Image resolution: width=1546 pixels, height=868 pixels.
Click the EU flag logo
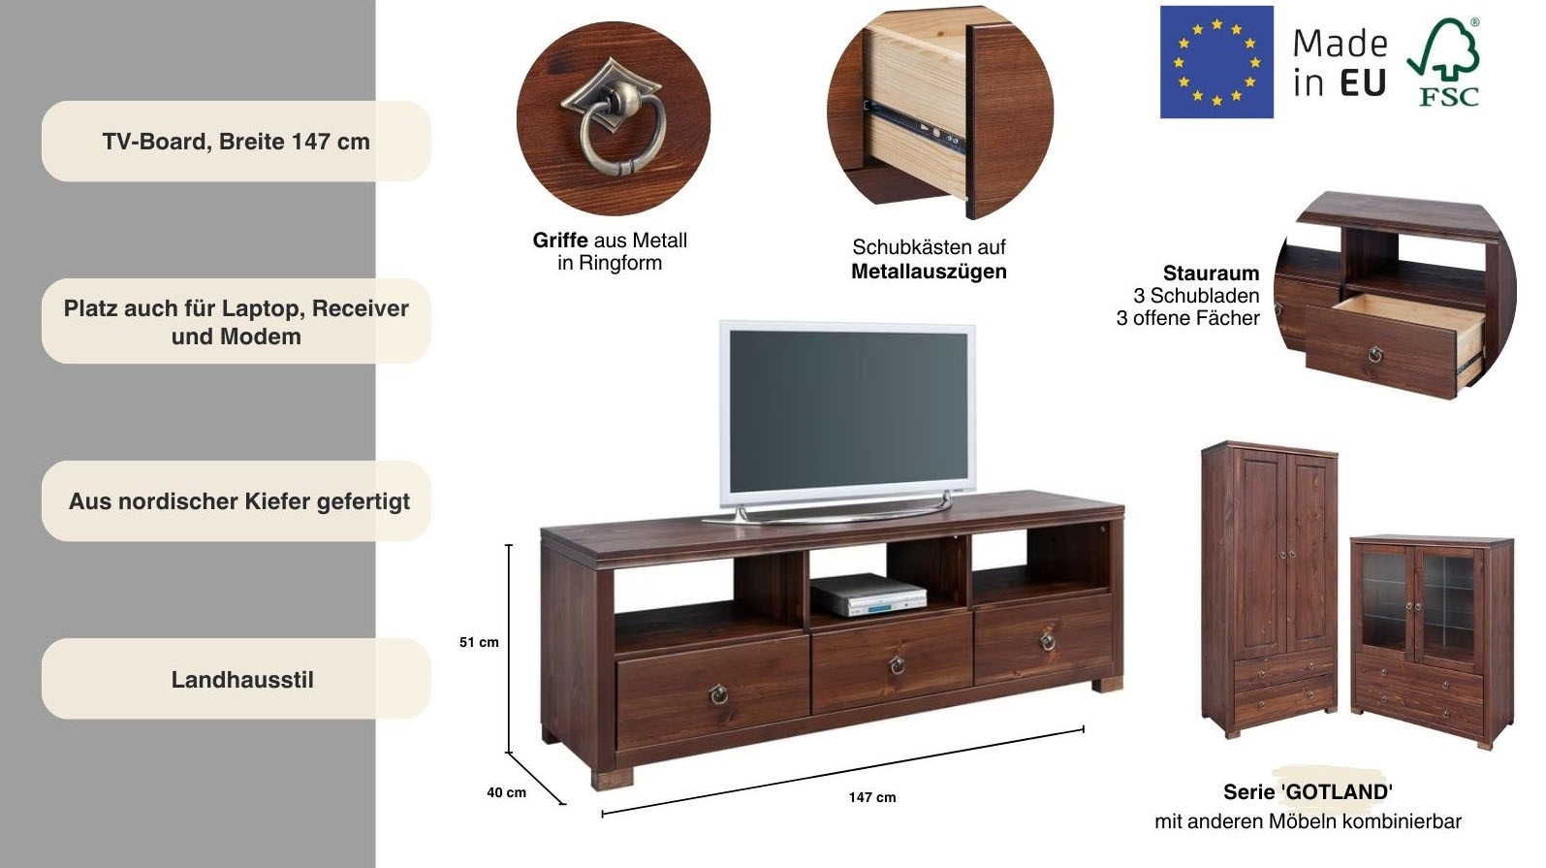click(1216, 62)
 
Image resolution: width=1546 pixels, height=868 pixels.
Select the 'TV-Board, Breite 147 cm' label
click(236, 142)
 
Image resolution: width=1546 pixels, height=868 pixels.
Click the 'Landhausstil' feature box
click(236, 679)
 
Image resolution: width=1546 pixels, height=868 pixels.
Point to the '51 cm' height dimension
click(479, 642)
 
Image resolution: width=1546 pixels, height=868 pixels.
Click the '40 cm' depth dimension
click(506, 792)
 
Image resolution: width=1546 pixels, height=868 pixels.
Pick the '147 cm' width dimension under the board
click(872, 797)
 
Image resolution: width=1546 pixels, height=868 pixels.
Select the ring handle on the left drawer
click(717, 693)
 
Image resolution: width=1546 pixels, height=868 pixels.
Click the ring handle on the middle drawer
click(898, 664)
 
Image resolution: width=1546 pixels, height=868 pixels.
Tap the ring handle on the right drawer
click(1047, 641)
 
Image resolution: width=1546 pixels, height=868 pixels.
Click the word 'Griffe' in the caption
click(560, 241)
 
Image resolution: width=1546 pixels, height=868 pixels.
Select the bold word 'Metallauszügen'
click(929, 272)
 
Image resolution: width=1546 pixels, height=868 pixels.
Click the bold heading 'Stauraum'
click(1211, 273)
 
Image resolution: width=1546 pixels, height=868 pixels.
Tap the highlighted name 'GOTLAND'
click(1338, 792)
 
